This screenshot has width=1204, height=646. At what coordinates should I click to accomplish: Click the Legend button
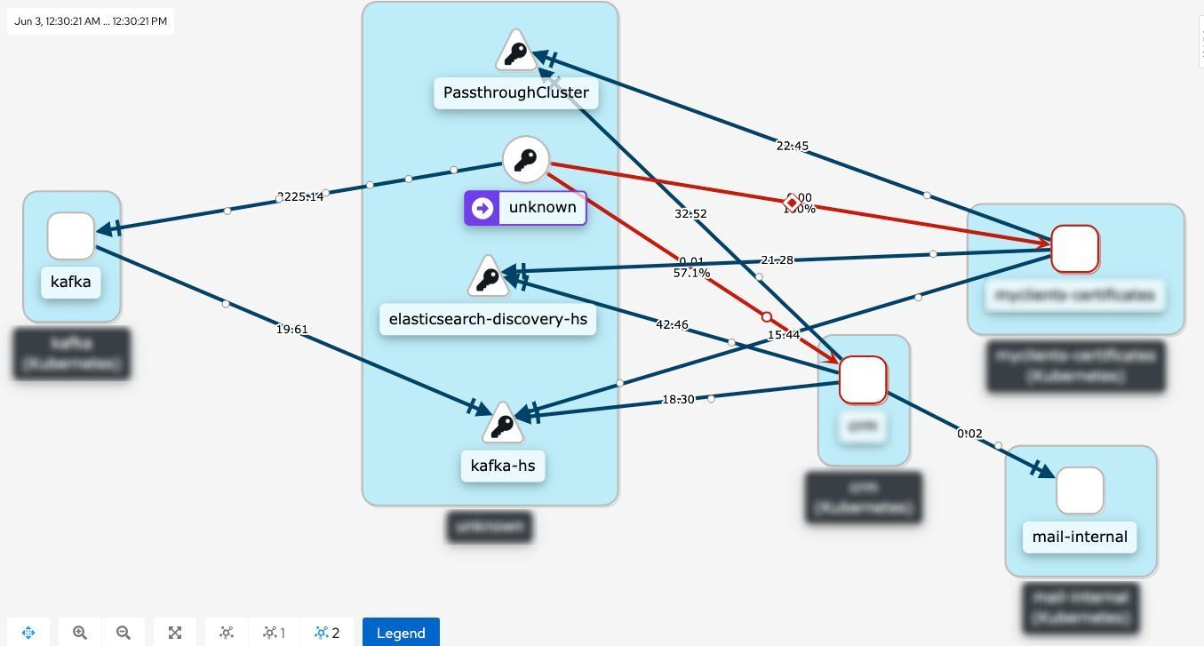[401, 633]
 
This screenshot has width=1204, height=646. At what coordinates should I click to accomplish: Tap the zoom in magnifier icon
[80, 633]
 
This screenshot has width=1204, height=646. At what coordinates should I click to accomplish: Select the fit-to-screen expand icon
[175, 633]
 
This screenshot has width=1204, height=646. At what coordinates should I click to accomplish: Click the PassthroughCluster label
[515, 92]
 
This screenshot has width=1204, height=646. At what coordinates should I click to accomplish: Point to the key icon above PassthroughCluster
[515, 53]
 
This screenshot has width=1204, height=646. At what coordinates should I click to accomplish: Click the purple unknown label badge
[525, 208]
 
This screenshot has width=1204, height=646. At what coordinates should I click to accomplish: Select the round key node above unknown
[526, 160]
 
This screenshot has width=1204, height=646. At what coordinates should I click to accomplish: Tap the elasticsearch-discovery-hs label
[488, 319]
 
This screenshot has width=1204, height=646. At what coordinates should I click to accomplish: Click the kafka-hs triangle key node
[503, 426]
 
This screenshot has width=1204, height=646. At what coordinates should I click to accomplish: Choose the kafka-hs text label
[503, 466]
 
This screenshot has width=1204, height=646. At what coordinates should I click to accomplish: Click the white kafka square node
[71, 235]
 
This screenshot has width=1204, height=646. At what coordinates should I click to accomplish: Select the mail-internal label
[1080, 537]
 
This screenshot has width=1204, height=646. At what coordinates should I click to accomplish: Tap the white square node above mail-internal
[1080, 490]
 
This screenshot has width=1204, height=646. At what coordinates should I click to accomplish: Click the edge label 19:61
[291, 330]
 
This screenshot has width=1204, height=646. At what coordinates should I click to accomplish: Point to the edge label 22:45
[792, 146]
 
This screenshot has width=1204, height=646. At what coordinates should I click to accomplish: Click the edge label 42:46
[672, 324]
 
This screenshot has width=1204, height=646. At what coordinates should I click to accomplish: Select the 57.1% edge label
[691, 274]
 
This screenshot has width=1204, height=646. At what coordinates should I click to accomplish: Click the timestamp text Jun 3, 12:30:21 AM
[91, 20]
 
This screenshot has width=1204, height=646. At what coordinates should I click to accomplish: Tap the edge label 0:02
[969, 434]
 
